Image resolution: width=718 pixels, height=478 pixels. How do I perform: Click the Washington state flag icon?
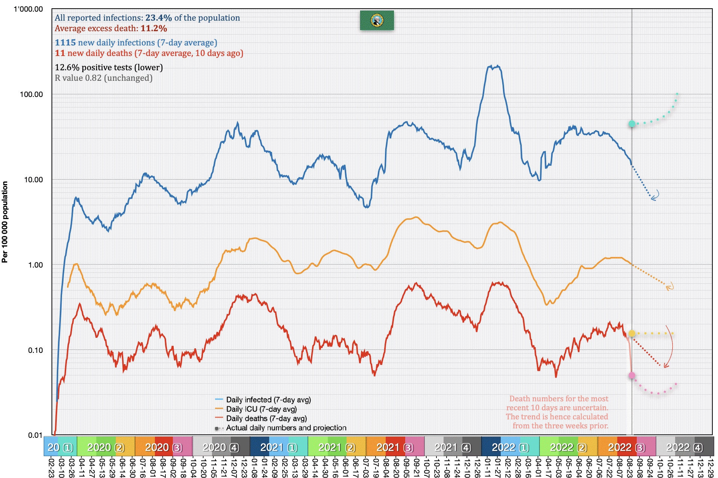tap(377, 20)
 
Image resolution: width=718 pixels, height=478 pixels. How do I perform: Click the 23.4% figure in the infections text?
tap(158, 18)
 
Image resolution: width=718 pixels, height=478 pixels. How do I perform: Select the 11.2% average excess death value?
tap(154, 29)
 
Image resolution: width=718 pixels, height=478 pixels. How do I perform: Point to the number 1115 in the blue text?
tap(65, 43)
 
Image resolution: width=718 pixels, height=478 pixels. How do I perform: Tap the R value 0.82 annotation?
tap(103, 78)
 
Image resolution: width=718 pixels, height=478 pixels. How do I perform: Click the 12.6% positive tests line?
tap(109, 68)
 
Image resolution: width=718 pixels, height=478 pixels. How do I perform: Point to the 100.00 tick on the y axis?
tap(32, 94)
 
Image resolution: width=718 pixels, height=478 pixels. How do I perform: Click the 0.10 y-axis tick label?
tap(35, 350)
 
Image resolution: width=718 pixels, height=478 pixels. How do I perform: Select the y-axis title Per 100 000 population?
tap(5, 222)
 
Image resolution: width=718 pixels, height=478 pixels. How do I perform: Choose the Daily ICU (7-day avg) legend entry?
tap(261, 409)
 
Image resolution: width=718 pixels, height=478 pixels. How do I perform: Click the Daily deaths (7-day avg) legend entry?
tap(266, 419)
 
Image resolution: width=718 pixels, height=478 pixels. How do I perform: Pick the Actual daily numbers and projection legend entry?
tap(286, 428)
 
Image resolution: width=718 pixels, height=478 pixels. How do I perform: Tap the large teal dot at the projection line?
tap(632, 124)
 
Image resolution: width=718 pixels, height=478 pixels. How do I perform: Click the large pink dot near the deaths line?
tap(632, 375)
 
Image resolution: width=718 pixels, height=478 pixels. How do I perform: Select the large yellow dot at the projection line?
tap(632, 333)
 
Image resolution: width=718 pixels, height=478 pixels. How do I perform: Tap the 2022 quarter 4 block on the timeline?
tap(684, 448)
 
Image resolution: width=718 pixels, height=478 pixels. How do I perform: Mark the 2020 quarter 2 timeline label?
tap(106, 448)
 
